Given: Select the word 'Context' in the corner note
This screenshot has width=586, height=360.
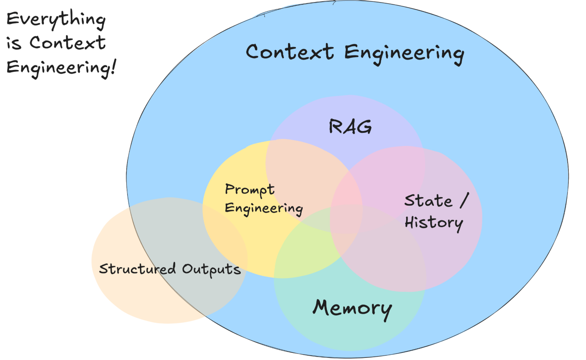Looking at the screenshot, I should (67, 43).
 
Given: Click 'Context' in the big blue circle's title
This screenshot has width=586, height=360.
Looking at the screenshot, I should (290, 52).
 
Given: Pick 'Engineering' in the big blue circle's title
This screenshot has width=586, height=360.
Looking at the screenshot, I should (404, 54).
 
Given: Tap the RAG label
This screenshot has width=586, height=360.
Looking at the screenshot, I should (350, 127).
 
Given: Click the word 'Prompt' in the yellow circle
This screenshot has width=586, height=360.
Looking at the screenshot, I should (250, 190).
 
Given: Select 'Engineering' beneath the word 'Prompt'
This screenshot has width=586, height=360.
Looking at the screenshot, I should (264, 209).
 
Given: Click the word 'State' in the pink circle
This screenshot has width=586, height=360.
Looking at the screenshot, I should (428, 201).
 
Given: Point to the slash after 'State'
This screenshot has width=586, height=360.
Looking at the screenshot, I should (464, 200).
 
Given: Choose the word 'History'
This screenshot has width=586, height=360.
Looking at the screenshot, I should (433, 223).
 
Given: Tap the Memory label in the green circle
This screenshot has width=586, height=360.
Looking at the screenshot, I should (352, 309).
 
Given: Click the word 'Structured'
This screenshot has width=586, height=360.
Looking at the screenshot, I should (137, 268).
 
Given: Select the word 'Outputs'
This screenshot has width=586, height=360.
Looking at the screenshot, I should (211, 270).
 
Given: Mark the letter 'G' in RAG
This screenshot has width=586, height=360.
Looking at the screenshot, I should (365, 127).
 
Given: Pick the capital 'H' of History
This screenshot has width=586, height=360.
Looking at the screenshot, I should (409, 222).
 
